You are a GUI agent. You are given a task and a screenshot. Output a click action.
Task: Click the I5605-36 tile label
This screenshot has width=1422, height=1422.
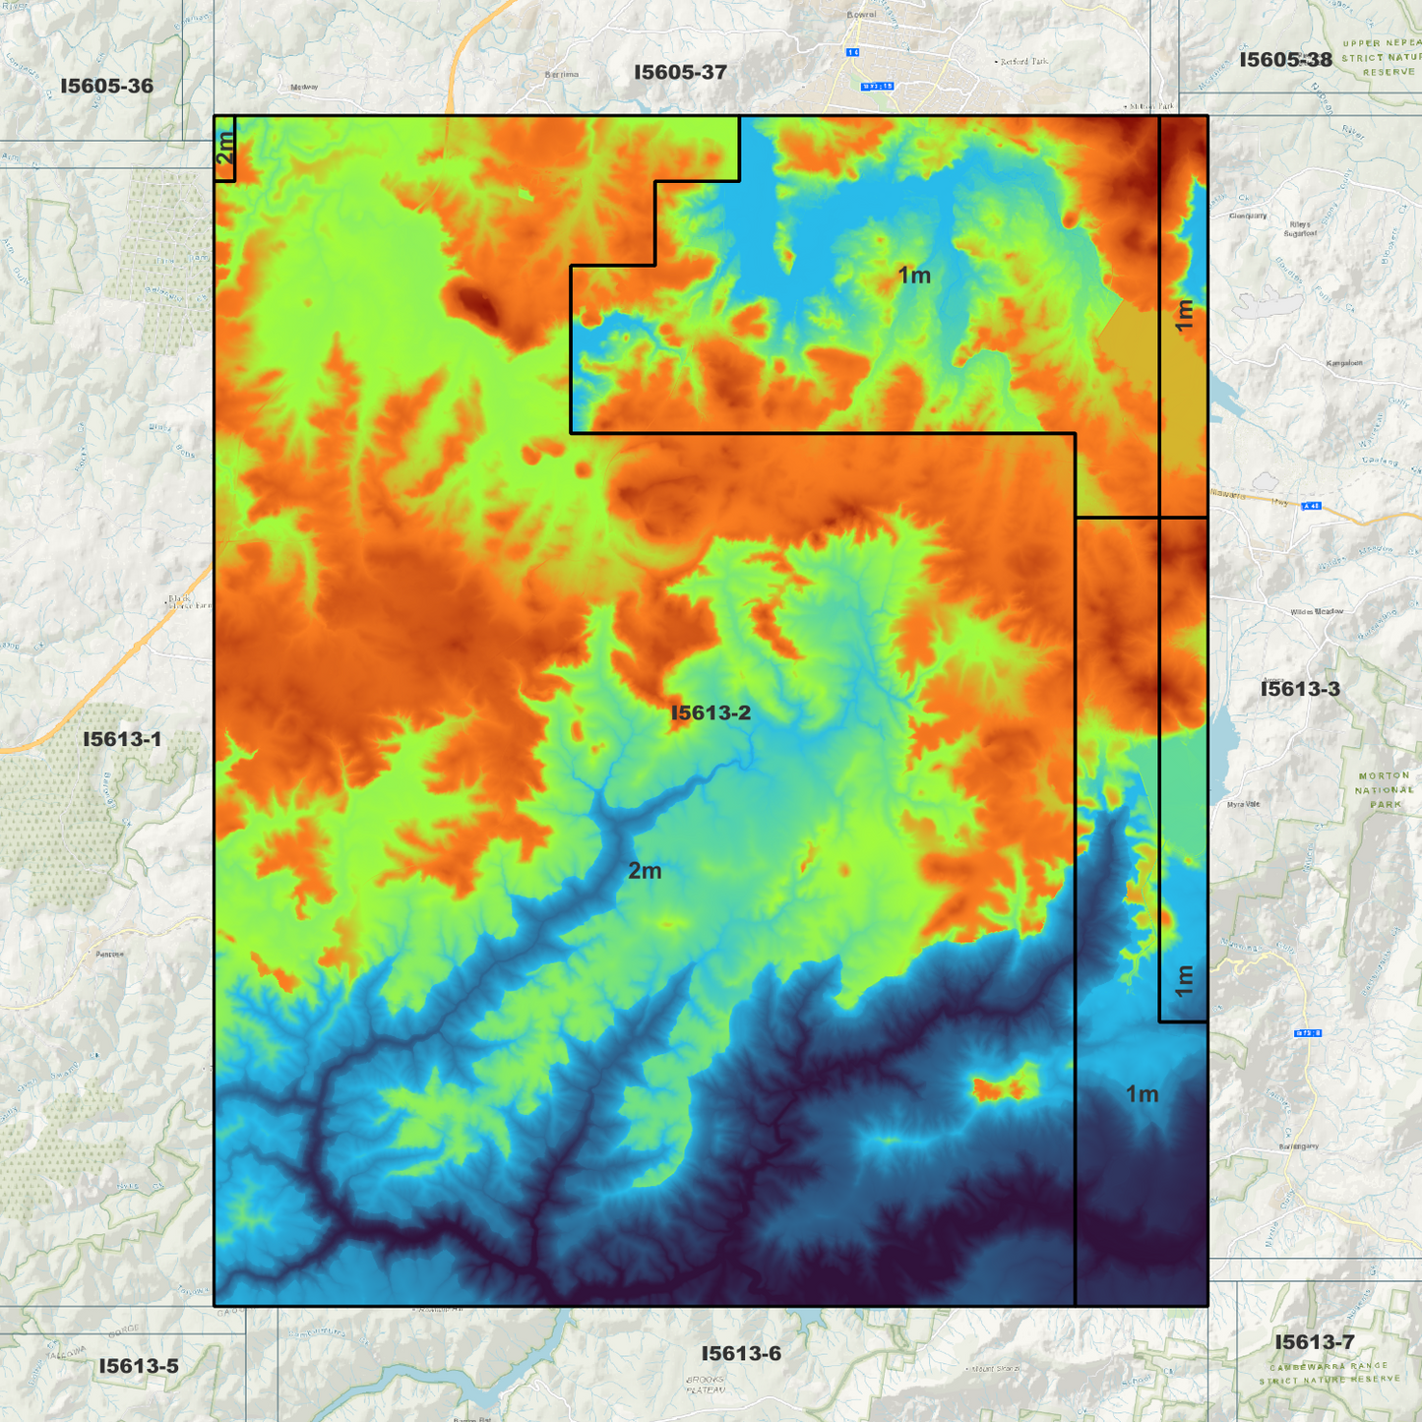[106, 87]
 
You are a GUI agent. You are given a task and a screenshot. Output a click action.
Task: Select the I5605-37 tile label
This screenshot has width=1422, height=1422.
[680, 73]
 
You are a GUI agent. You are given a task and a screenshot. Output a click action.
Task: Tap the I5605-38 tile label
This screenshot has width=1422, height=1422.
[1285, 60]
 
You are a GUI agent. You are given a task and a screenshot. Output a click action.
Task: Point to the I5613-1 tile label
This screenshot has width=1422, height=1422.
[121, 739]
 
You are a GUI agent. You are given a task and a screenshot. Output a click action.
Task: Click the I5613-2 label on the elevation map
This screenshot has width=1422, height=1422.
[711, 713]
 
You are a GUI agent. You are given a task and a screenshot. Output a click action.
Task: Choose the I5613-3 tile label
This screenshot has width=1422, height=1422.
[1300, 689]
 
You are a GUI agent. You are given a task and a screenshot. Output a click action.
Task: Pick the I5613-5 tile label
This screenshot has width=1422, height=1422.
[139, 1366]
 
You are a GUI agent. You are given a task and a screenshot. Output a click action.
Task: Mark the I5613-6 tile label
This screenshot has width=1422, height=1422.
[741, 1354]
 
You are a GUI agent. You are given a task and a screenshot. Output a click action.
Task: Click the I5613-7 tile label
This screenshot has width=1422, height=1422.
[1314, 1342]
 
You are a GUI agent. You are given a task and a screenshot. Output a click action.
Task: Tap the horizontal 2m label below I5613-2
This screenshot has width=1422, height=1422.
[645, 871]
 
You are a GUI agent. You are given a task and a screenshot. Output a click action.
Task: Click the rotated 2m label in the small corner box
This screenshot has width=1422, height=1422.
[225, 149]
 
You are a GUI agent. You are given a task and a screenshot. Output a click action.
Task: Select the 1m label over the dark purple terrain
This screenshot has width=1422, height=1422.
[1142, 1094]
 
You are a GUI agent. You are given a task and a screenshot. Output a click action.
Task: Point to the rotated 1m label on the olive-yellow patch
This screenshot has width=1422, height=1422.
[1184, 315]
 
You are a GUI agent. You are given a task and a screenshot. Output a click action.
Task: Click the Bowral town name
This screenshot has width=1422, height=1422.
[861, 15]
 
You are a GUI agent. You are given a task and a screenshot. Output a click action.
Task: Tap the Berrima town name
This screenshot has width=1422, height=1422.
[562, 75]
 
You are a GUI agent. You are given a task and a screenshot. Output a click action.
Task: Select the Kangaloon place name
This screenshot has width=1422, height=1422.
[1344, 363]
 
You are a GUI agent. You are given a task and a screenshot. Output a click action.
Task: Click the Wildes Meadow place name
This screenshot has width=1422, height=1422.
[1317, 612]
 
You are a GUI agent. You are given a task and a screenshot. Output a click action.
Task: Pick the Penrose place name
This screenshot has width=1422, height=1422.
[110, 954]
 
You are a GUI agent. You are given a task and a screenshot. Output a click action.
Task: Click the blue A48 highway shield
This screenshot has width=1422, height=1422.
[1310, 506]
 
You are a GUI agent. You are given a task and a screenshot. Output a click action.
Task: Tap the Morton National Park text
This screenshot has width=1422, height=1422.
[1384, 789]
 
